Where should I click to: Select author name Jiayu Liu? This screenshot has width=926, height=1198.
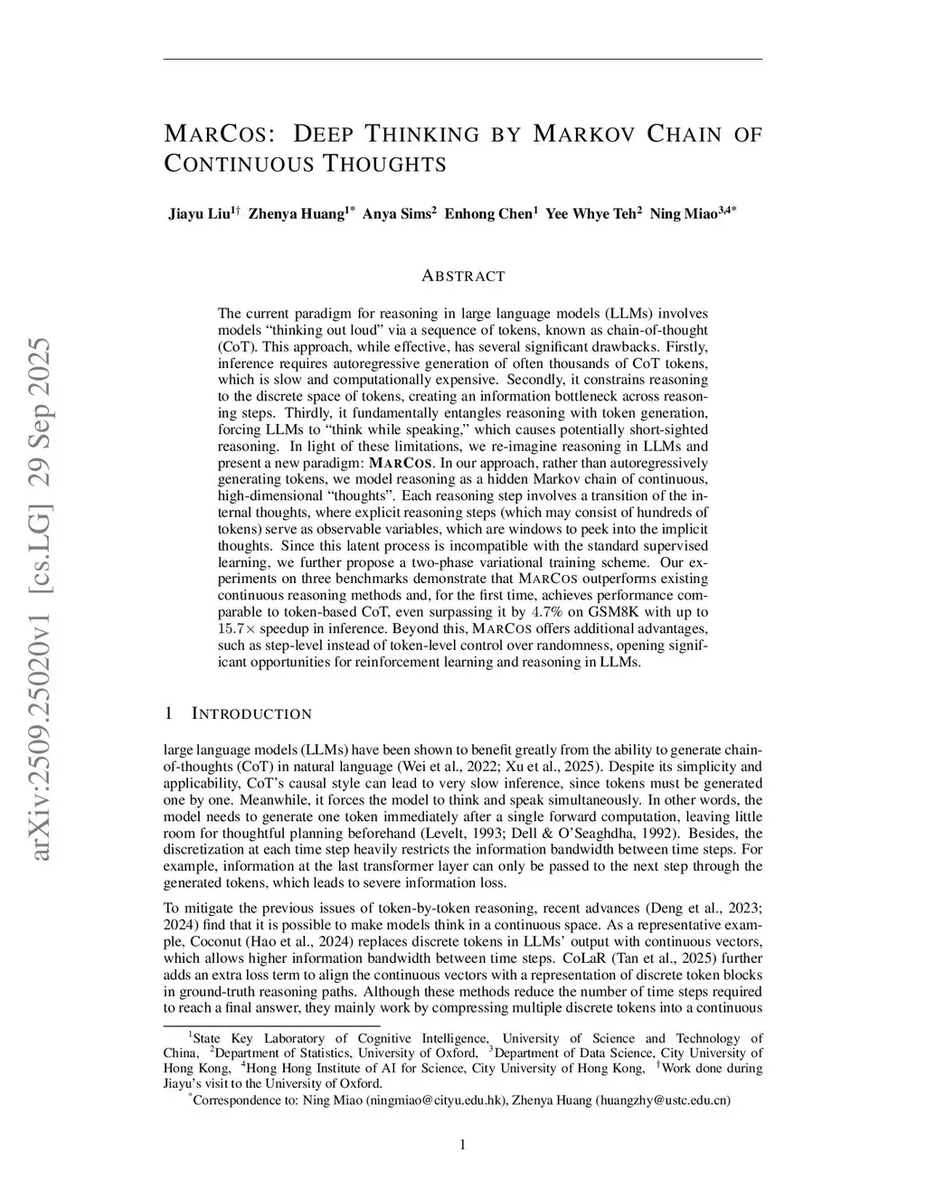(x=199, y=214)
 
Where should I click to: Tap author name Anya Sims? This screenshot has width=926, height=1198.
(x=395, y=214)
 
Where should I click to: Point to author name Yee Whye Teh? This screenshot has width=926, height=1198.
(x=590, y=214)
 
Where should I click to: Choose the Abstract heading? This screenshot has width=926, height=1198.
(x=463, y=276)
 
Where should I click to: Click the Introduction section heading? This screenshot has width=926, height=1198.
(x=251, y=714)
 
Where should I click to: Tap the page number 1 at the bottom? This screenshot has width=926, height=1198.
(x=463, y=1146)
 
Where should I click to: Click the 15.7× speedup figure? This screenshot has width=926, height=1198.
(x=237, y=629)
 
